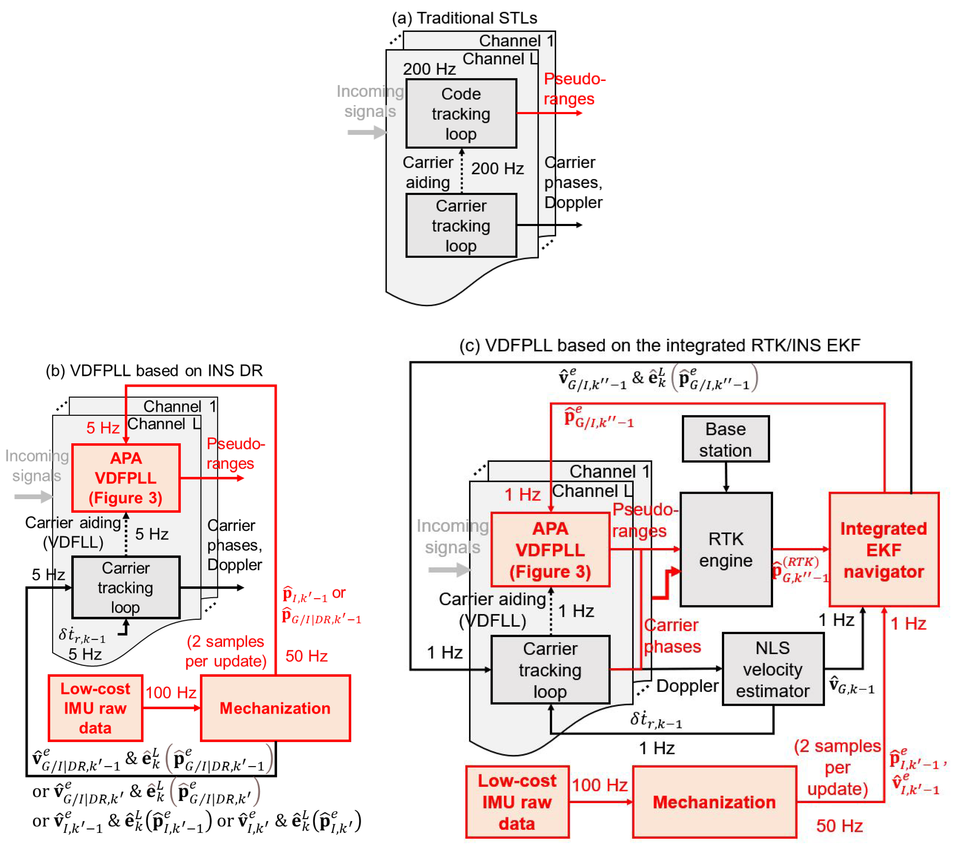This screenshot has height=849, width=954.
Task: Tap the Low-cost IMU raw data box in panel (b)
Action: pyautogui.click(x=95, y=708)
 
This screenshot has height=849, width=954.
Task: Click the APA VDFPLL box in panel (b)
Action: pyautogui.click(x=126, y=478)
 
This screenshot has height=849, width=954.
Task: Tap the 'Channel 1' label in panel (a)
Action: pyautogui.click(x=516, y=41)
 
